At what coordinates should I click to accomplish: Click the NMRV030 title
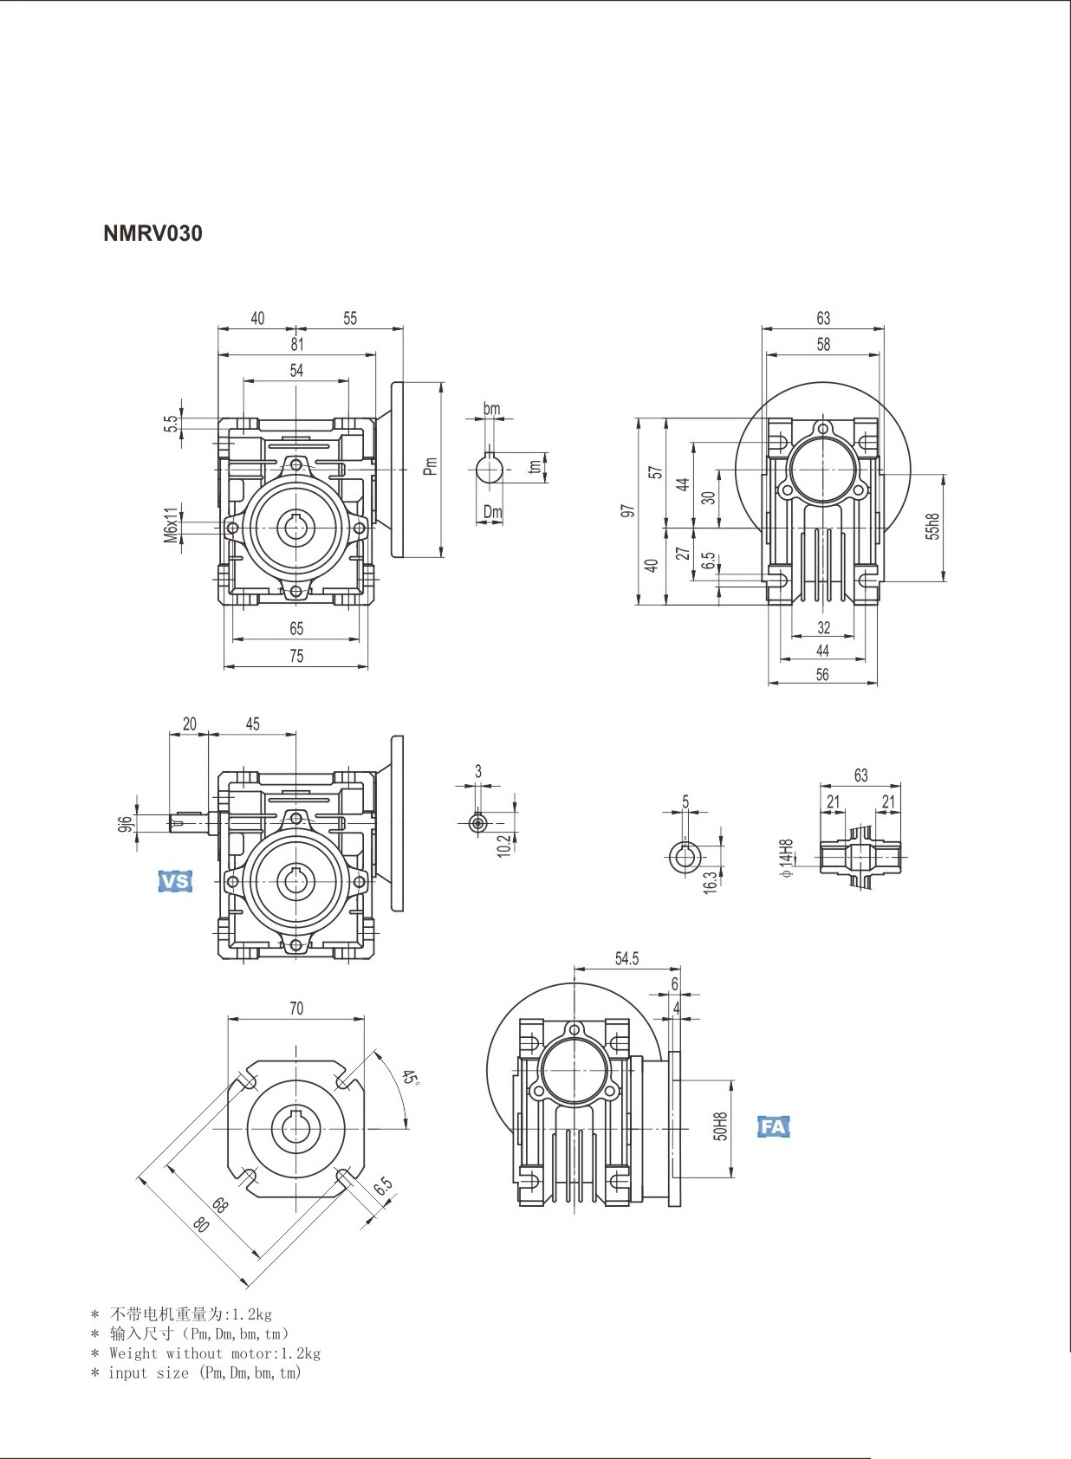coord(153,233)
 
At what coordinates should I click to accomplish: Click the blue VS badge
coord(175,881)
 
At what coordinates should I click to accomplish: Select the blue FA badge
coord(773,1127)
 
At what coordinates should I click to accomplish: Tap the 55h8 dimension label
coord(933,526)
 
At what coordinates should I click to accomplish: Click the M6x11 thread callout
coord(171,524)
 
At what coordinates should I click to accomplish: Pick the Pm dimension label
coord(430,466)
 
